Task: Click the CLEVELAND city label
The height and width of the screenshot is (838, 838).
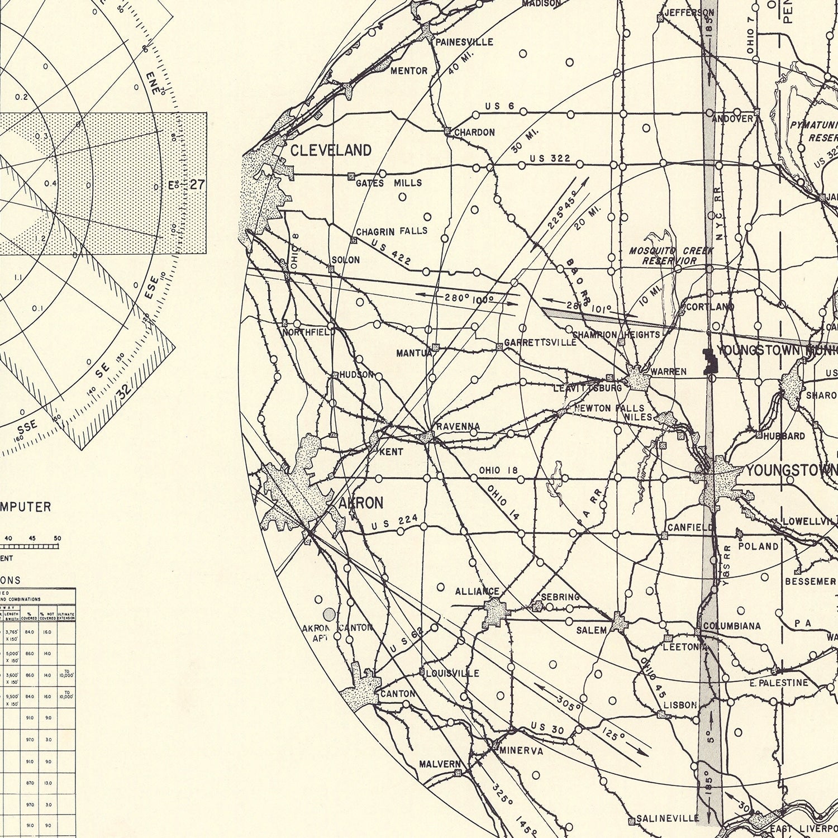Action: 331,150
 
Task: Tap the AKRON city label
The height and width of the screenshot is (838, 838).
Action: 361,503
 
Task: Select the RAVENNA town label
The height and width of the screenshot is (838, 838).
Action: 458,426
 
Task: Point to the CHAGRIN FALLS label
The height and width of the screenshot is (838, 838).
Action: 392,231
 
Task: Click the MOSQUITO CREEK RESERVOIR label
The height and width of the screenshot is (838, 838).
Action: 670,256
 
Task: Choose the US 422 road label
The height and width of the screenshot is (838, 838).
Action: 391,251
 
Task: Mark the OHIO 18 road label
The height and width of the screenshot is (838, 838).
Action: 498,470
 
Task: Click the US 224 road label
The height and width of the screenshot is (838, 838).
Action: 394,522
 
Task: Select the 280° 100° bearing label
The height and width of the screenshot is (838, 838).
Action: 469,298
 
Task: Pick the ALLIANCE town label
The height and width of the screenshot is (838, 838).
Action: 477,591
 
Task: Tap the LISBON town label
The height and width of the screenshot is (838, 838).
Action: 680,705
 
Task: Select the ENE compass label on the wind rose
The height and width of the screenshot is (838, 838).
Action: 152,82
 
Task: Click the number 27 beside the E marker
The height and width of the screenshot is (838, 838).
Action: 197,184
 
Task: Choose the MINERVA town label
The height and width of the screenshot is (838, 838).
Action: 521,750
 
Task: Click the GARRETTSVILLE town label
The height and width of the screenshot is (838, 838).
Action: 540,342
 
